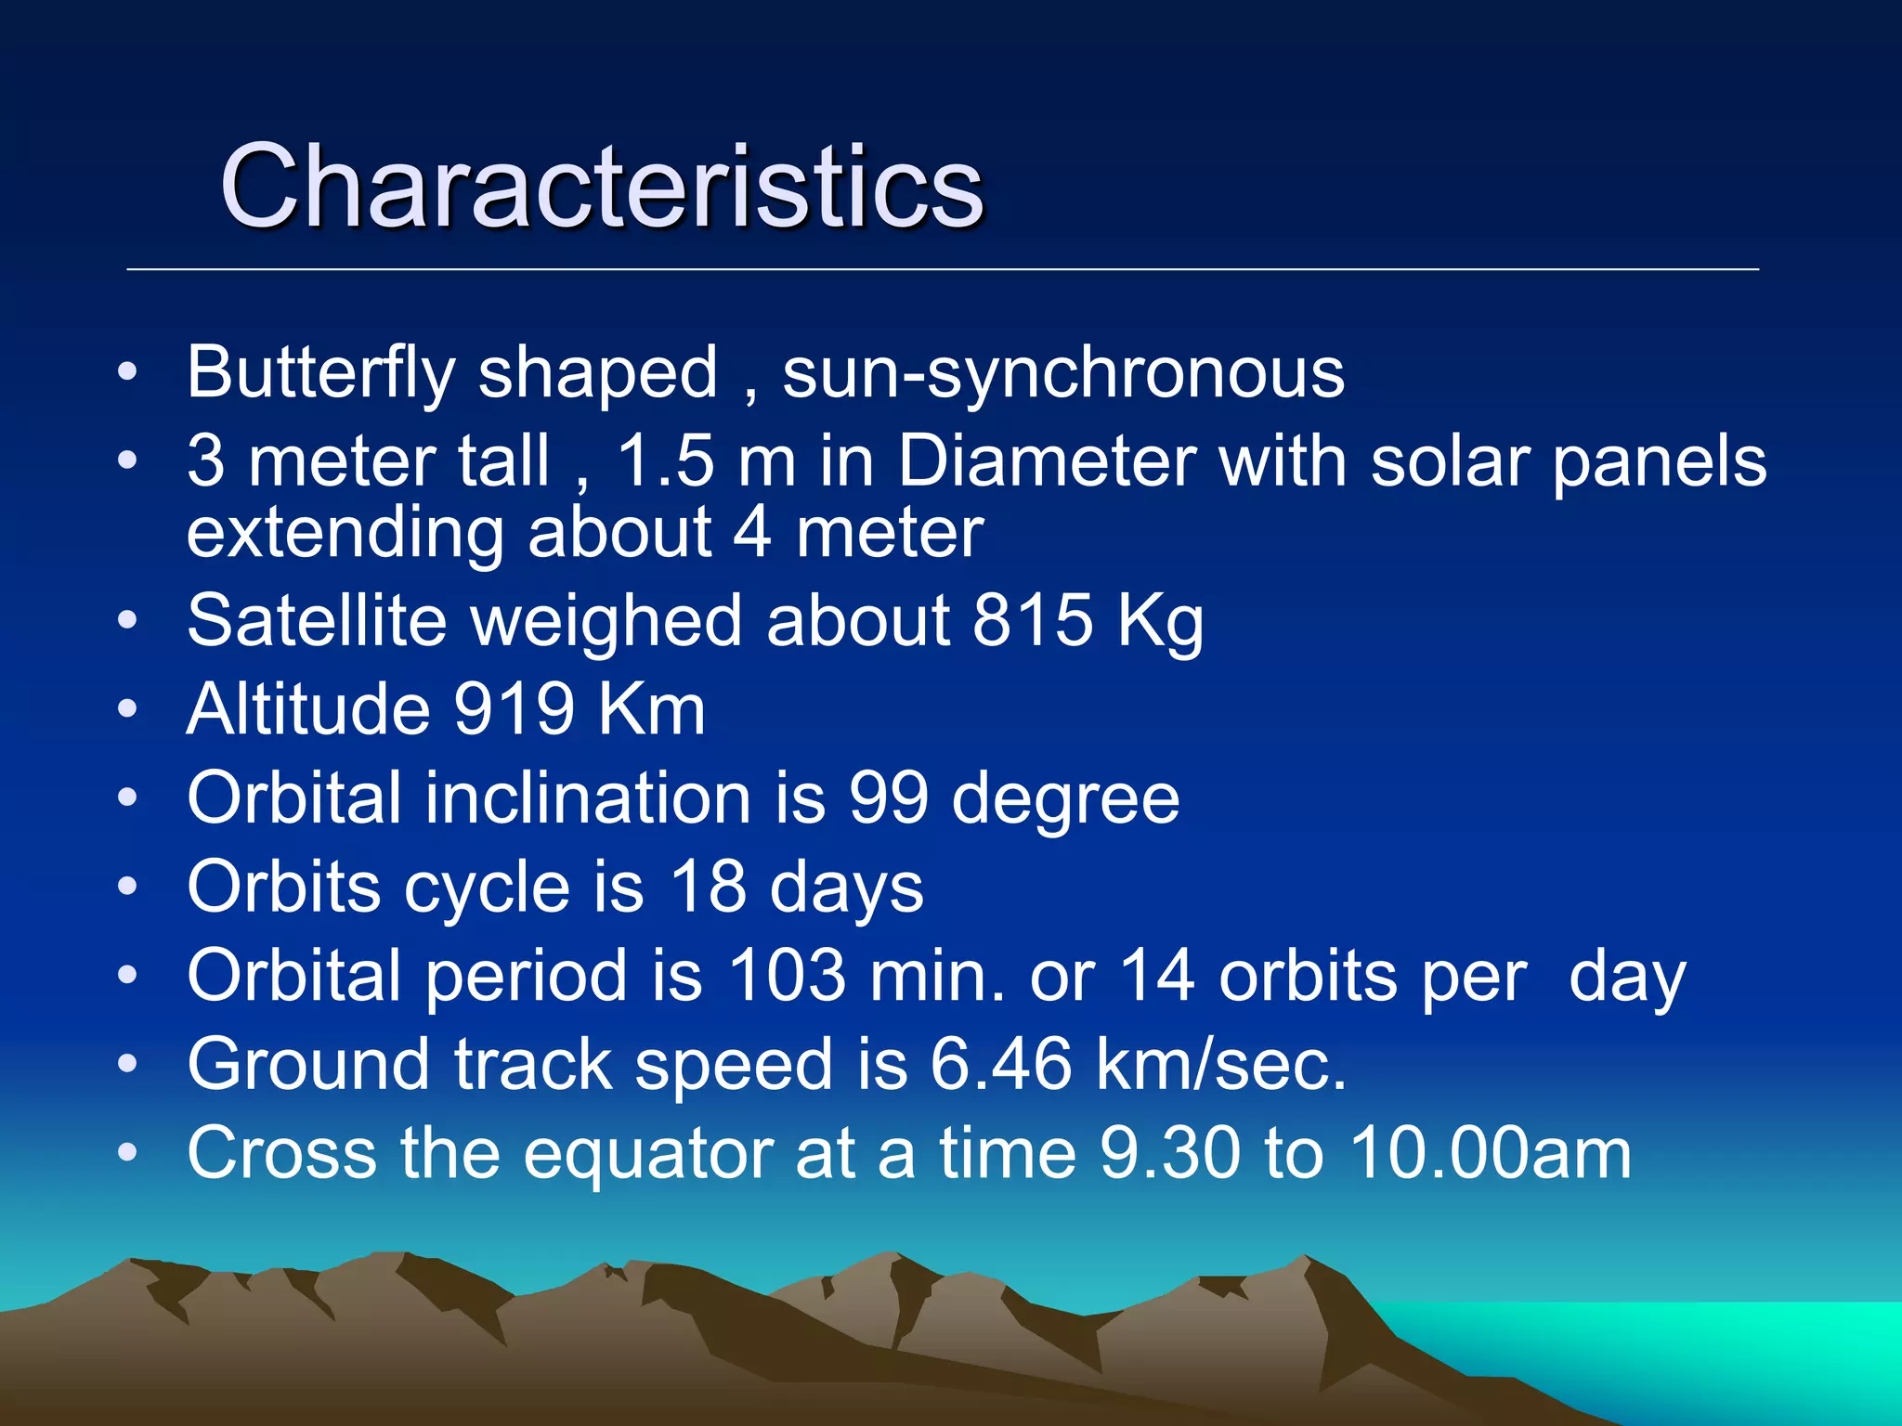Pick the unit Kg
click(x=1160, y=622)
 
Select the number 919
click(x=514, y=709)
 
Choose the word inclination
click(x=588, y=797)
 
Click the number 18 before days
click(x=708, y=887)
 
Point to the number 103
click(x=787, y=976)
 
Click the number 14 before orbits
click(x=1156, y=976)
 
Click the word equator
click(x=647, y=1154)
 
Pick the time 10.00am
click(x=1490, y=1154)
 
